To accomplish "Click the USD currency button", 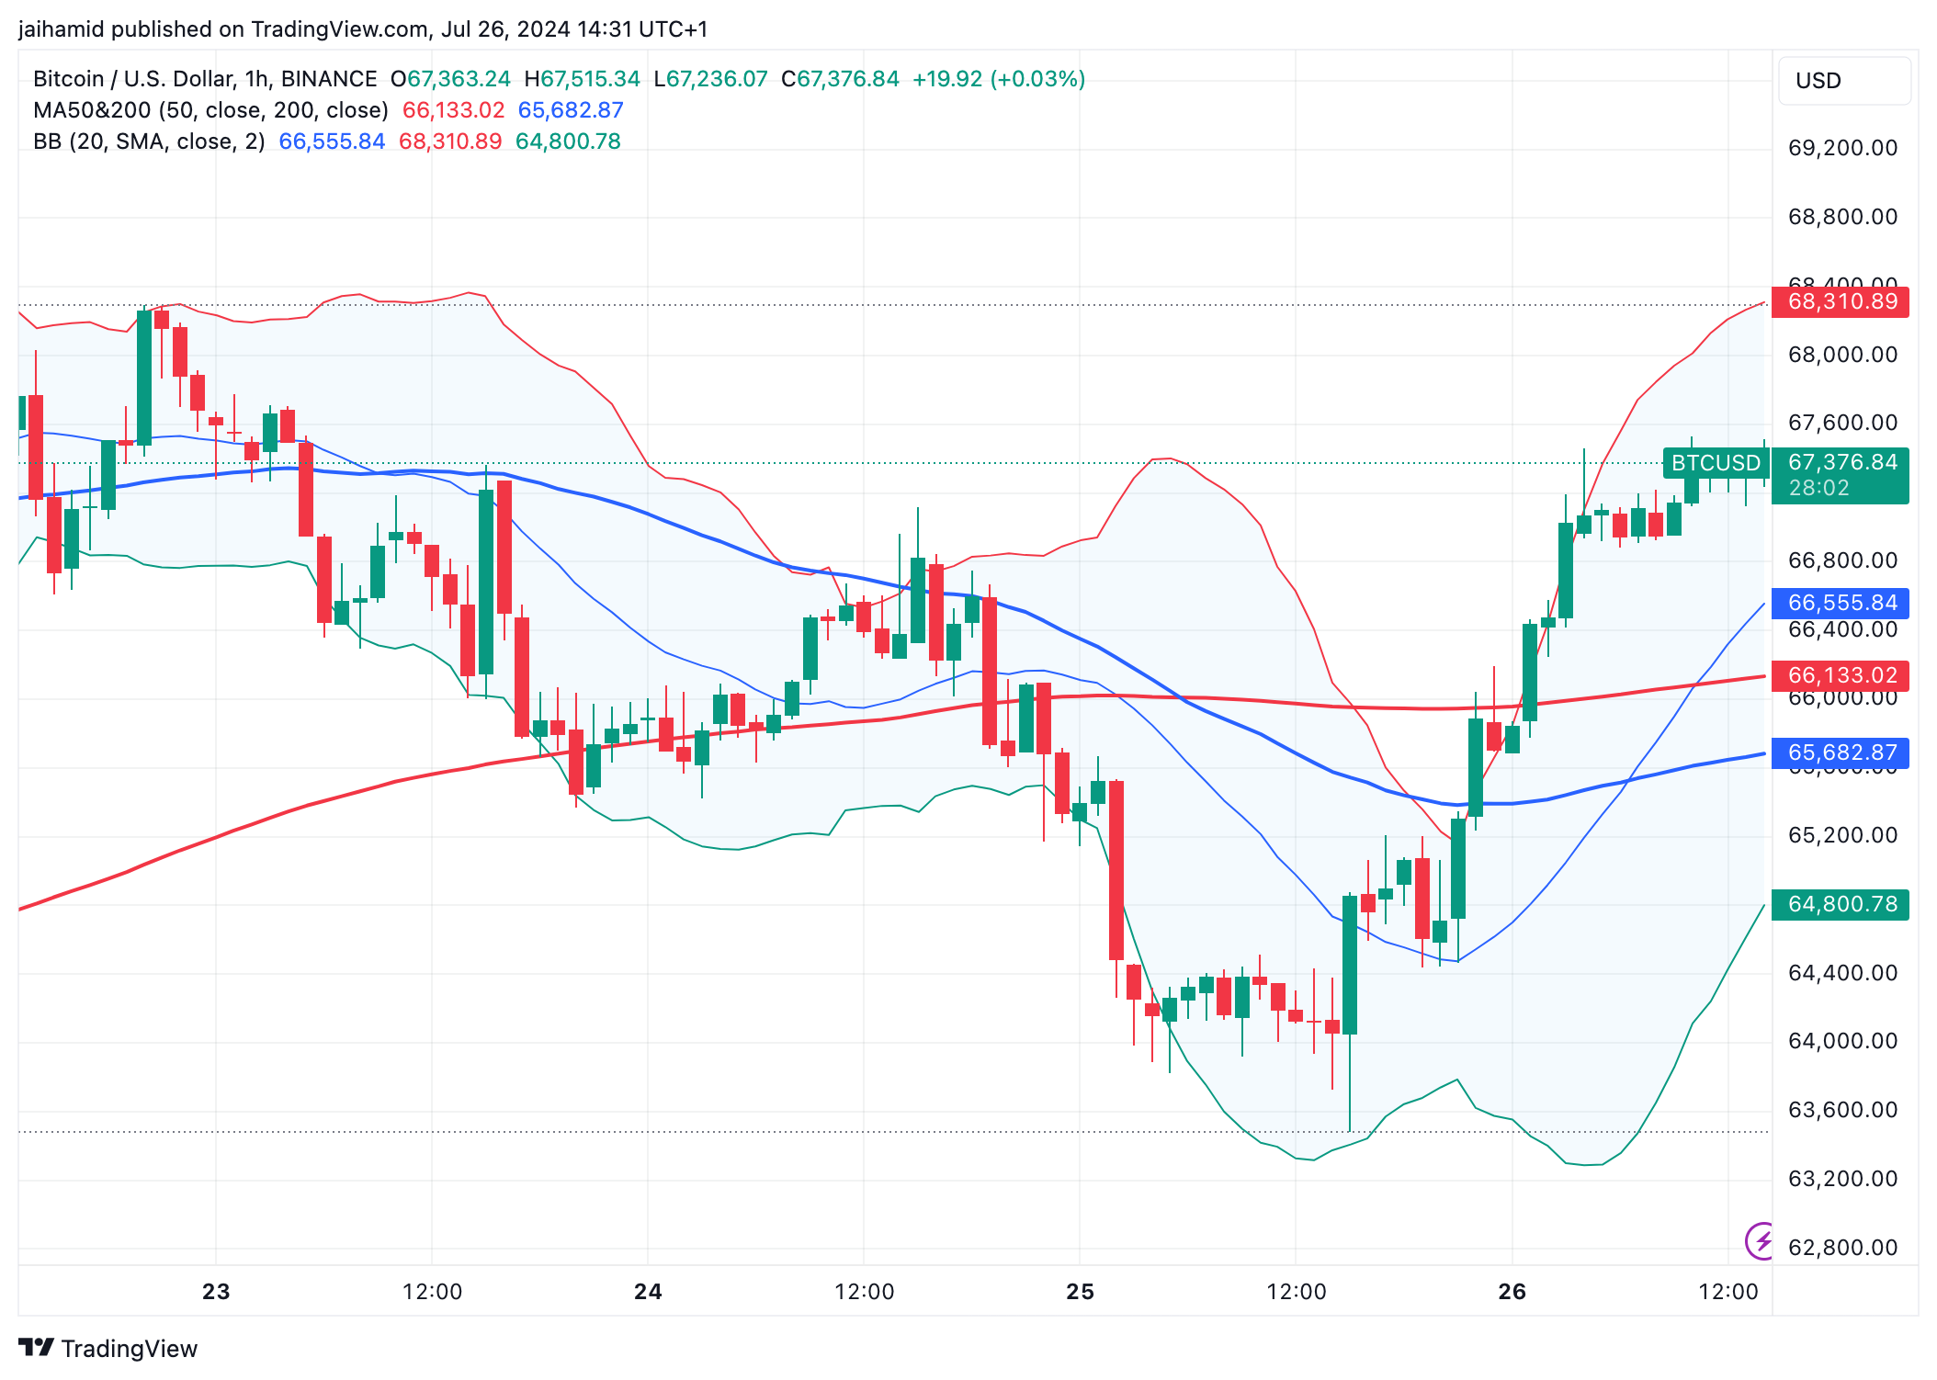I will pos(1843,81).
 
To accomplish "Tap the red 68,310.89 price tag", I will pos(1841,301).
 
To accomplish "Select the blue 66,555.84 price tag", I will pos(1841,603).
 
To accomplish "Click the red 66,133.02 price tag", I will pos(1841,675).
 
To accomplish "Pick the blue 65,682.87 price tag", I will pos(1841,752).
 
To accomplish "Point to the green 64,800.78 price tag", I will pos(1841,904).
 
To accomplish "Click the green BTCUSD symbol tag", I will pos(1715,463).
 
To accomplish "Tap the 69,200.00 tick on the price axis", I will pos(1842,148).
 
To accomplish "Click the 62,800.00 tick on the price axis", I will pos(1842,1248).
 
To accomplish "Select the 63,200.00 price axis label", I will pos(1842,1179).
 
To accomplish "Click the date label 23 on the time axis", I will pos(216,1292).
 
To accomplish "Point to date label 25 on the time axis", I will pos(1080,1292).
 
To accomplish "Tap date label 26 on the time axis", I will pos(1512,1292).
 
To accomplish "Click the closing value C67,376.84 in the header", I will pos(840,79).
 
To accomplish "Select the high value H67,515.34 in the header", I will pos(582,79).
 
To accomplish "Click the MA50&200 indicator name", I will pos(92,110).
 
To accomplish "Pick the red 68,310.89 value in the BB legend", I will pos(450,141).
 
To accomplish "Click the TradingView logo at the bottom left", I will pos(108,1348).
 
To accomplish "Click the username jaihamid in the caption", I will pos(61,29).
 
